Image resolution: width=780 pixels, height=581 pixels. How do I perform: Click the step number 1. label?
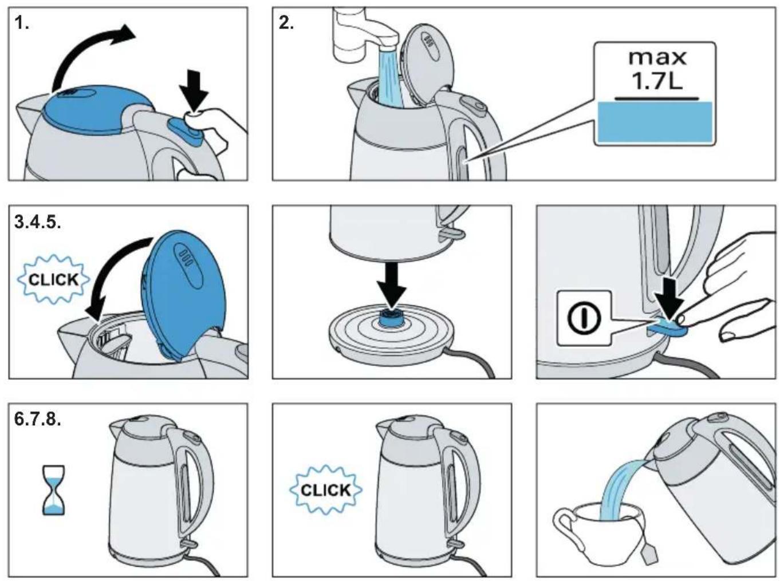(22, 24)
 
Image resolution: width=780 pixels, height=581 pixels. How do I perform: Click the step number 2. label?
(286, 24)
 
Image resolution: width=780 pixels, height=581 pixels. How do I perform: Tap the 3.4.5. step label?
(38, 222)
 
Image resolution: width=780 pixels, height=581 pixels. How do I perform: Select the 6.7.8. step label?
(38, 419)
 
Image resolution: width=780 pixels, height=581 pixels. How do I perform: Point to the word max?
(657, 58)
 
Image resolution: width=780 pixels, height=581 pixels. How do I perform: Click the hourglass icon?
(54, 490)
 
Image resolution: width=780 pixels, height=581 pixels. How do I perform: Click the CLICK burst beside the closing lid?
(53, 279)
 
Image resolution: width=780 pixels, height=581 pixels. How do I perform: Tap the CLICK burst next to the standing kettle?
(326, 490)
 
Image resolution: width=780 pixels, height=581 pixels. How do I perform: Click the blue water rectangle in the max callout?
(655, 122)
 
